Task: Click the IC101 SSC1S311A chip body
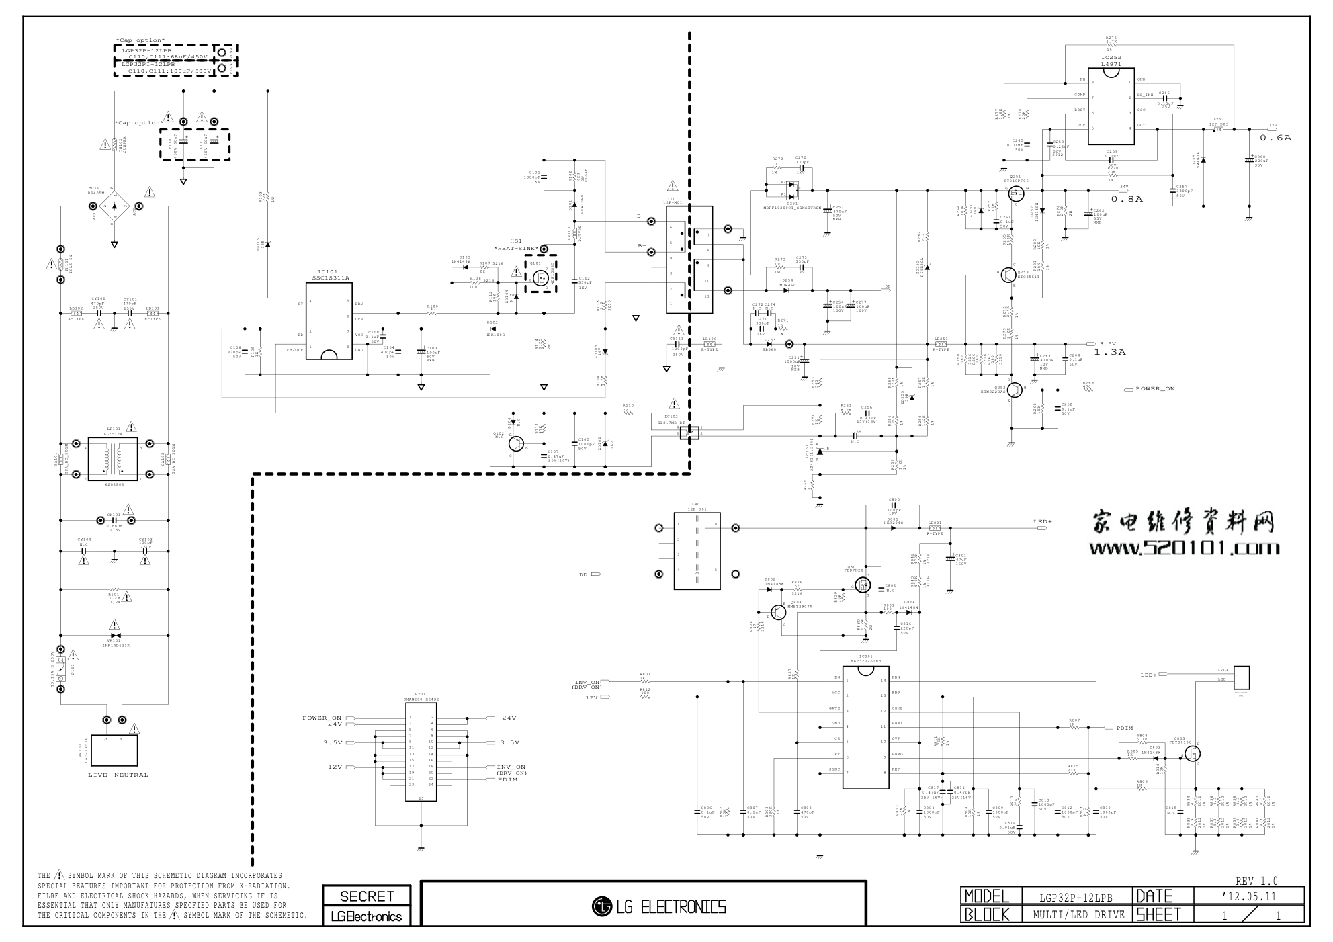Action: click(x=329, y=321)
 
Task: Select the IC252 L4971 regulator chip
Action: click(x=1111, y=106)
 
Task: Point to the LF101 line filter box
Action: click(x=113, y=459)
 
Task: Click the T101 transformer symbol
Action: click(x=689, y=259)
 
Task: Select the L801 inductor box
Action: click(x=697, y=550)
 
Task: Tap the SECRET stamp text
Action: click(x=367, y=896)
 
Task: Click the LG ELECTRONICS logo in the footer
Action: click(x=659, y=907)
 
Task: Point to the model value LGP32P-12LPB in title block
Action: click(x=1076, y=897)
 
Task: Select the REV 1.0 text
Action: click(x=1256, y=881)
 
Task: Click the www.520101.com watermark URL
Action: click(x=1184, y=548)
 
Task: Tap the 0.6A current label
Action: click(x=1275, y=138)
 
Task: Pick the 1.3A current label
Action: click(x=1109, y=352)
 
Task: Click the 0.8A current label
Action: click(x=1126, y=199)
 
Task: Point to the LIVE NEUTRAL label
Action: click(x=118, y=775)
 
